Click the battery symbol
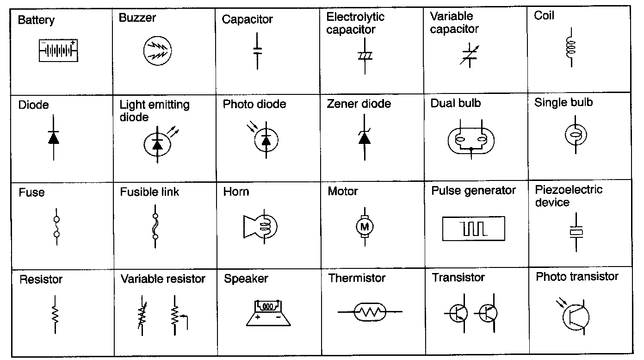(58, 50)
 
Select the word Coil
(544, 16)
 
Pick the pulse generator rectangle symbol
(473, 229)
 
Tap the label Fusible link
(149, 192)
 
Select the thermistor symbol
(370, 312)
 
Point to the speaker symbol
(268, 313)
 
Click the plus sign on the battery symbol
(73, 43)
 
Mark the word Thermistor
(357, 278)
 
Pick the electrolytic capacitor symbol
(365, 56)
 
